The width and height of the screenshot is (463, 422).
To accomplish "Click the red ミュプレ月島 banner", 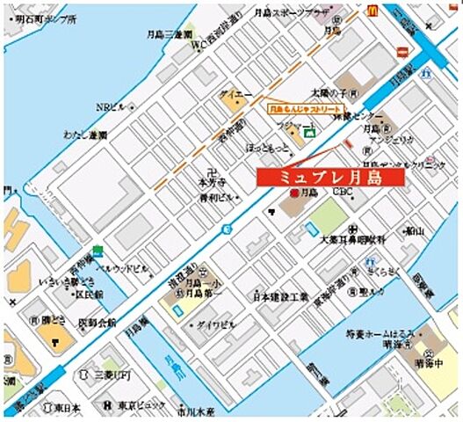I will [x=330, y=176].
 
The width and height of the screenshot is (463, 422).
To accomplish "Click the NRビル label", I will [x=111, y=107].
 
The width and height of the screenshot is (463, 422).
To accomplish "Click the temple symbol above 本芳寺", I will [x=207, y=171].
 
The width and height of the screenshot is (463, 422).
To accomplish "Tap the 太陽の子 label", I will [x=336, y=92].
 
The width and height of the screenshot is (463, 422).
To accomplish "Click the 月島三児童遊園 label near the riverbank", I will [x=170, y=34].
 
